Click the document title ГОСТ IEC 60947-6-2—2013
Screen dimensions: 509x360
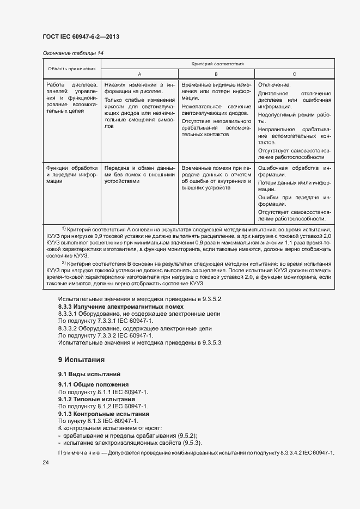click(80, 36)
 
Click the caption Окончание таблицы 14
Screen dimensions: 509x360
click(72, 53)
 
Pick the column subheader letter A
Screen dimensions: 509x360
click(139, 73)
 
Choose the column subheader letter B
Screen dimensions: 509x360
click(216, 73)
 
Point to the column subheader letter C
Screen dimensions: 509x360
click(294, 73)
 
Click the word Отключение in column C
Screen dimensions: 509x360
click(274, 85)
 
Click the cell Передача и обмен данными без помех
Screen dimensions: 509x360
click(139, 175)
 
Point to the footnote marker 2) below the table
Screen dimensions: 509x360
click(64, 262)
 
